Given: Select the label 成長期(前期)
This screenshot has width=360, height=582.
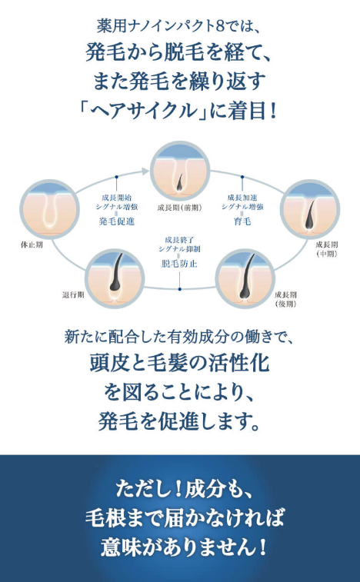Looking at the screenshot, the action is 180,208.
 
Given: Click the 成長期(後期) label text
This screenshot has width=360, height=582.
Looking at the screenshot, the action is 285,300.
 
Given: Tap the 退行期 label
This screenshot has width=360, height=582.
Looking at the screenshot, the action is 72,295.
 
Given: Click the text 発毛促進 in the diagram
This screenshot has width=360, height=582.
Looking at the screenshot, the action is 117,222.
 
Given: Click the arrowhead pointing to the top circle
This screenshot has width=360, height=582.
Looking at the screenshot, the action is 145,171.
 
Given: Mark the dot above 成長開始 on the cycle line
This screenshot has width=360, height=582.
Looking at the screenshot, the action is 117,177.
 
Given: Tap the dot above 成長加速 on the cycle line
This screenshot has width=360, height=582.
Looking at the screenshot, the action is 242,177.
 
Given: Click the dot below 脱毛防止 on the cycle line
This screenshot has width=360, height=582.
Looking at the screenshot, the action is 179,288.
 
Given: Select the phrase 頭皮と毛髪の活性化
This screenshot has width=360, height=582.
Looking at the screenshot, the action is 179,364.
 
